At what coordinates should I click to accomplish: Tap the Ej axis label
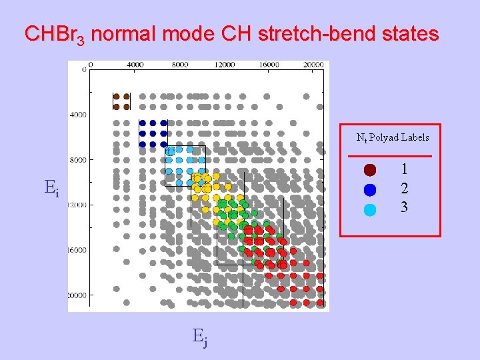click(x=200, y=339)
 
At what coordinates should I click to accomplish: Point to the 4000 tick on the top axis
click(x=135, y=65)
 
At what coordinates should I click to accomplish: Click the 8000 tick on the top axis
click(x=180, y=65)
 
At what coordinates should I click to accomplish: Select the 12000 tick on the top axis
click(x=225, y=65)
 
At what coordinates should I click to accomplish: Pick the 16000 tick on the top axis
click(x=270, y=65)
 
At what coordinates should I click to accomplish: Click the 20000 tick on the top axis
click(x=313, y=65)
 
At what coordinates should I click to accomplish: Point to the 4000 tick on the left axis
click(x=77, y=115)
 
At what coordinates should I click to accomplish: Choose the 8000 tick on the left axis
click(x=77, y=160)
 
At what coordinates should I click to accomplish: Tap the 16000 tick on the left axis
click(x=77, y=250)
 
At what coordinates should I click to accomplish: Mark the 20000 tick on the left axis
click(x=77, y=295)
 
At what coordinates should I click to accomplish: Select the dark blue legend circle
click(x=371, y=189)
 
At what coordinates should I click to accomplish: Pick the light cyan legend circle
click(x=371, y=209)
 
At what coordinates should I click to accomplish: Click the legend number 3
click(x=404, y=207)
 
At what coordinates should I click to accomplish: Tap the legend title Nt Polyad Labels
click(x=393, y=138)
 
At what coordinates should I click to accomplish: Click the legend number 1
click(x=404, y=170)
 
